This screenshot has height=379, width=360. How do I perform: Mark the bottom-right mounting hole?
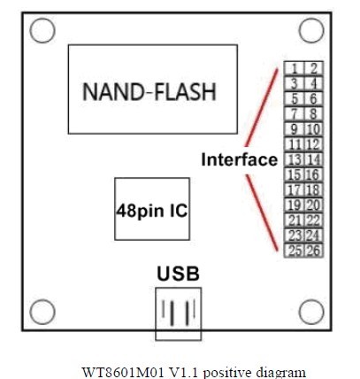click(310, 312)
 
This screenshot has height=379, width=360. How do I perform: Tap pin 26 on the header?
click(312, 251)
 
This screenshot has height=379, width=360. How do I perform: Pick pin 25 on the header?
click(294, 251)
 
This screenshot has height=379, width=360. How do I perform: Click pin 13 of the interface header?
click(294, 159)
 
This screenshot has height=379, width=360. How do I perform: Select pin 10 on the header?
click(312, 129)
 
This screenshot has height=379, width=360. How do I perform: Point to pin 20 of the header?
click(312, 205)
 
